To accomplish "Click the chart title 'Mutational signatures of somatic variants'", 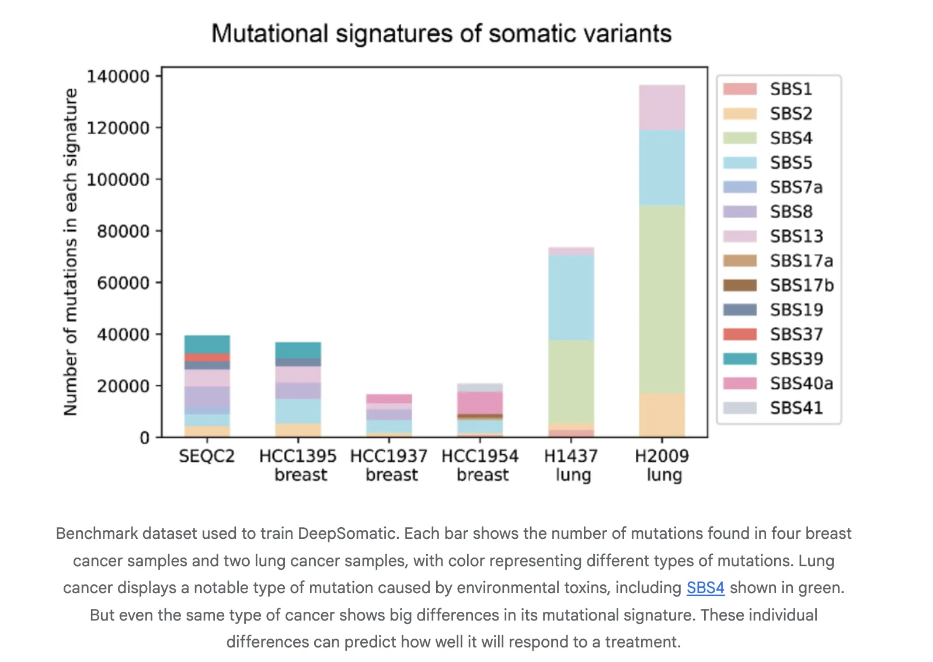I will [441, 34].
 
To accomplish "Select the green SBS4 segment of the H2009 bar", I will [662, 299].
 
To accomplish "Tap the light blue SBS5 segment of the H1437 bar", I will [571, 298].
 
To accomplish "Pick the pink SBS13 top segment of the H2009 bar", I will [662, 107].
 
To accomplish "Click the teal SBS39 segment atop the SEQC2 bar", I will [207, 344].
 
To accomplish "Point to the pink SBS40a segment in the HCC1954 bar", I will [480, 403].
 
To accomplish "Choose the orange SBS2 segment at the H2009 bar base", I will [662, 415].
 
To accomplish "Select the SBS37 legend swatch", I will [740, 335].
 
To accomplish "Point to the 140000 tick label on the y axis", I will [118, 76].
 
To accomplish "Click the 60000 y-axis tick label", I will [123, 283].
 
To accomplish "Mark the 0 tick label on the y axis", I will [144, 438].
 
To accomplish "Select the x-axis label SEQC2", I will [207, 456].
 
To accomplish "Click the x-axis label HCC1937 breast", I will [389, 465].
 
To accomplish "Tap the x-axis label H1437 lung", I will [571, 465].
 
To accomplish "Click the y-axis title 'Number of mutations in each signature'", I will [71, 252].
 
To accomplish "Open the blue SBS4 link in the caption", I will [705, 588].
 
